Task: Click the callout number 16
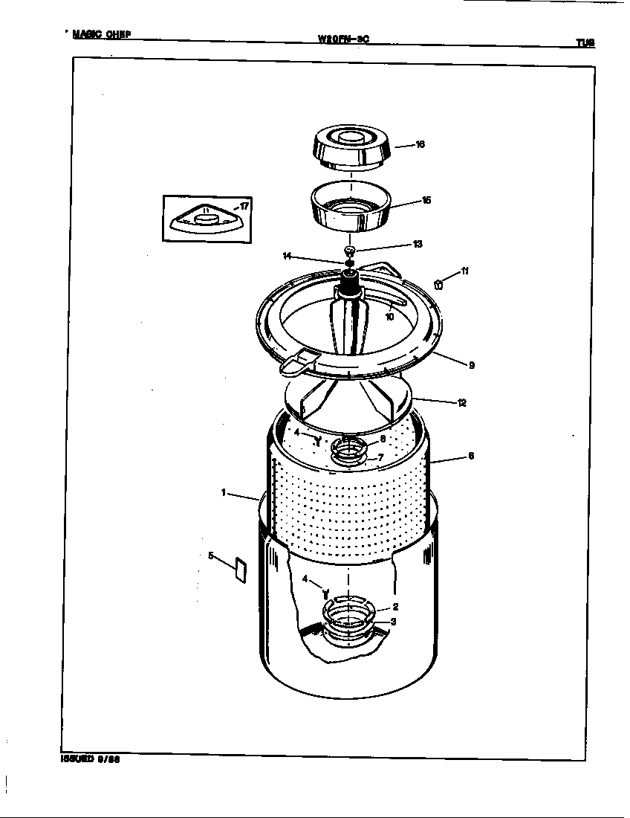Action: [420, 145]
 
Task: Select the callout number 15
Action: [426, 201]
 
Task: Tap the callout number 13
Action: [418, 244]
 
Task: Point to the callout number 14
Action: [287, 256]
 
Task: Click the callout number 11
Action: [464, 271]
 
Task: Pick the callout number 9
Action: [472, 365]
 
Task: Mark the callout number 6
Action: [471, 457]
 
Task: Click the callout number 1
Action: [224, 492]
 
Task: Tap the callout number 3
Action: [393, 622]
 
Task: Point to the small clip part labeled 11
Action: [438, 283]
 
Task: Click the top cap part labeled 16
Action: [350, 149]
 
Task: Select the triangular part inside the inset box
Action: [206, 220]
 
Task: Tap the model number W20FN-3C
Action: [342, 40]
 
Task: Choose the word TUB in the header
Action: [585, 43]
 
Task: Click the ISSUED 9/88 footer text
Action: [90, 760]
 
